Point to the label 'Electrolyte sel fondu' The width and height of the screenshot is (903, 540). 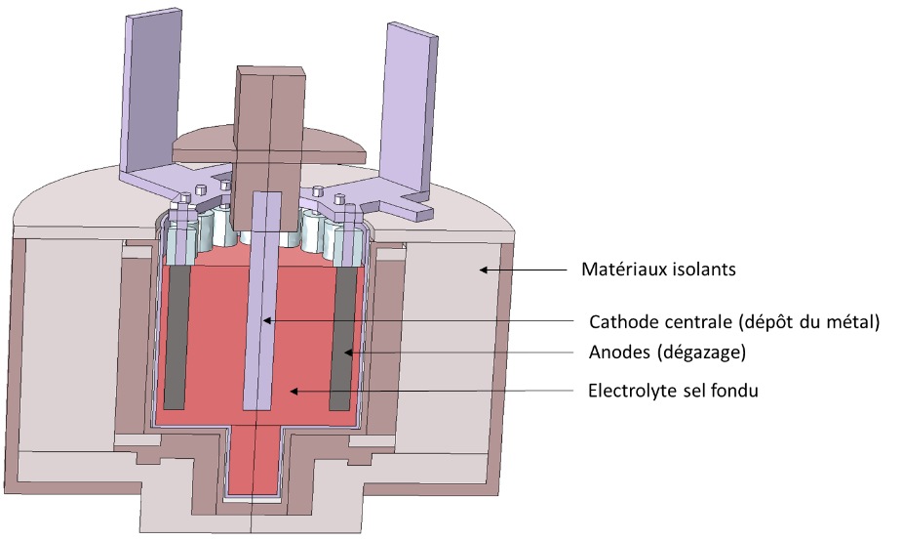pyautogui.click(x=673, y=391)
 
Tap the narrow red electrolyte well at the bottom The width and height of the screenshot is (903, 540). pyautogui.click(x=255, y=459)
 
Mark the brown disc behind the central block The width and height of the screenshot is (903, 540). pyautogui.click(x=332, y=146)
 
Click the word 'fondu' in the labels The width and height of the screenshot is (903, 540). pyautogui.click(x=736, y=391)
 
